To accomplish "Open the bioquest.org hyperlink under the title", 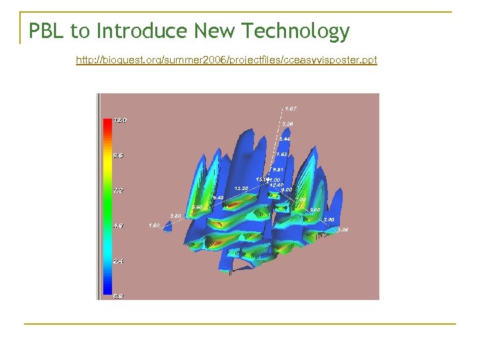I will [226, 60].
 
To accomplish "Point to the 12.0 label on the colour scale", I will [121, 120].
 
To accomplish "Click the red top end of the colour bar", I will [107, 123].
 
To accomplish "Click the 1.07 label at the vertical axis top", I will [291, 108].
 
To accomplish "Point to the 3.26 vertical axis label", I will [287, 123].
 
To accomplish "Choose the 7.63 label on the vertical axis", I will [282, 154].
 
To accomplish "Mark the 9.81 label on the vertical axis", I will [279, 169].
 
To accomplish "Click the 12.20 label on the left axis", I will [241, 189].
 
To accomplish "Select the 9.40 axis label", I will [217, 197].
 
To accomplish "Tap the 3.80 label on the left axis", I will [175, 216].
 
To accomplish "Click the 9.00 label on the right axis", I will [287, 190].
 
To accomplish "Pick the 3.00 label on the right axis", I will [329, 219].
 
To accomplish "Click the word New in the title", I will [216, 31].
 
